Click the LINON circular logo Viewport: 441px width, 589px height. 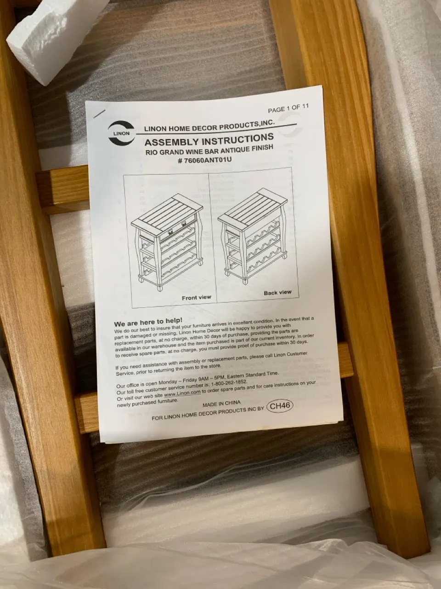click(x=121, y=133)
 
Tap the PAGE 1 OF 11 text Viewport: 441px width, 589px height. click(x=288, y=109)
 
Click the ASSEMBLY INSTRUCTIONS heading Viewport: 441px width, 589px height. click(x=209, y=140)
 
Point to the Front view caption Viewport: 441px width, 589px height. click(x=197, y=298)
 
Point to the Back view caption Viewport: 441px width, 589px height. click(x=277, y=293)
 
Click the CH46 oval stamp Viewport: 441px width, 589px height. click(x=280, y=406)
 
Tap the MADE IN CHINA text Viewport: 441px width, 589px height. click(x=221, y=404)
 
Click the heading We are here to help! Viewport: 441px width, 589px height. click(x=148, y=322)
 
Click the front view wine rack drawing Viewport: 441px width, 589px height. click(x=167, y=242)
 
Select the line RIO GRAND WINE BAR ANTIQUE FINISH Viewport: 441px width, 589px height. click(x=209, y=150)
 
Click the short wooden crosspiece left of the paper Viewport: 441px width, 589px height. click(x=63, y=189)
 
